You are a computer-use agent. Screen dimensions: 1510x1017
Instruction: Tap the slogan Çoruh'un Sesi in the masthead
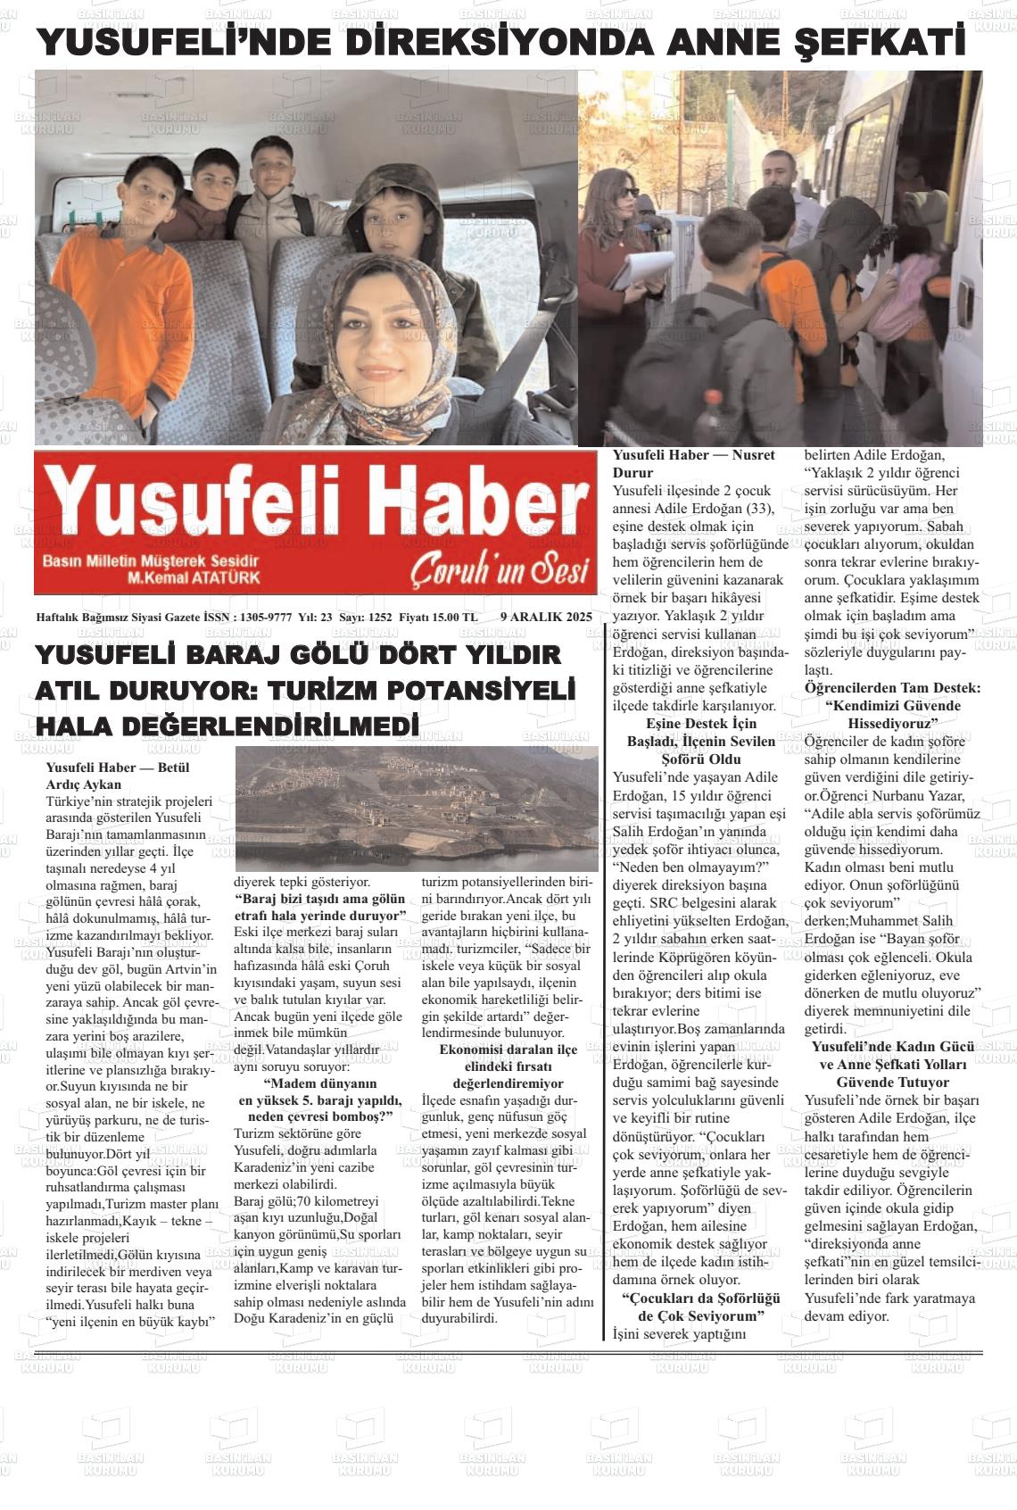[500, 570]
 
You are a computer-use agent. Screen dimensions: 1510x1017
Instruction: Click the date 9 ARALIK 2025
[546, 617]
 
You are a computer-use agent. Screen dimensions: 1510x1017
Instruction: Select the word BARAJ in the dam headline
[231, 655]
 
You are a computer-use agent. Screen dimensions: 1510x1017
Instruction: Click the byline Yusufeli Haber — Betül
[117, 767]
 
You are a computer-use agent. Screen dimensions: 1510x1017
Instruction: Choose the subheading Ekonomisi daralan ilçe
[508, 1049]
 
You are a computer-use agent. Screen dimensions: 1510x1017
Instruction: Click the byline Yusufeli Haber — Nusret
[693, 454]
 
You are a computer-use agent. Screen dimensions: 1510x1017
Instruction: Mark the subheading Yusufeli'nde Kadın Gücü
[892, 1047]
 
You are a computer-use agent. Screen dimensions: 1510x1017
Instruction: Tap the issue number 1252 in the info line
[379, 617]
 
